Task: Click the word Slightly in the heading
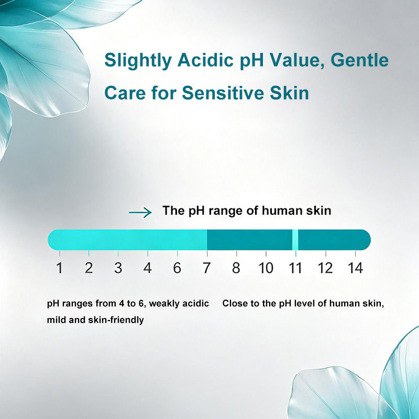(138, 61)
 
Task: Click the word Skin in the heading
(289, 93)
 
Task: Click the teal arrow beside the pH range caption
(140, 213)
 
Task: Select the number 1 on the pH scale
(60, 268)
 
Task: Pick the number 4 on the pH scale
(148, 268)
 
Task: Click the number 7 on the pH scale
(206, 268)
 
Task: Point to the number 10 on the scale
(266, 268)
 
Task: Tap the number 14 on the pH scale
(355, 268)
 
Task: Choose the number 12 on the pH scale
(325, 268)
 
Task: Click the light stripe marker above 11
(295, 240)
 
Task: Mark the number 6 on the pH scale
(177, 268)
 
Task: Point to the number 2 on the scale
(89, 268)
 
